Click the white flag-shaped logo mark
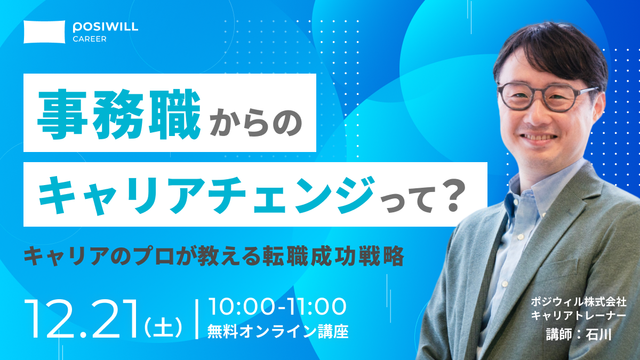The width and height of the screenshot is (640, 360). (x=44, y=31)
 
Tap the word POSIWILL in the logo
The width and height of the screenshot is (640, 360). (x=106, y=27)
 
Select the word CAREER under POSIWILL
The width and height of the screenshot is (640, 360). (x=90, y=39)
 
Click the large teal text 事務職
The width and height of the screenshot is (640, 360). (x=119, y=114)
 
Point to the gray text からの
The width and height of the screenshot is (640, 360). (x=255, y=123)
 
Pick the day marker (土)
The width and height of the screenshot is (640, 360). (x=163, y=326)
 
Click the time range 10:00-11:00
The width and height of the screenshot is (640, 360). (x=277, y=307)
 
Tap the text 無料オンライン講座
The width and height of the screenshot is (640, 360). (x=278, y=331)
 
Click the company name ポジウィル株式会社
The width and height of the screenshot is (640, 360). (x=579, y=302)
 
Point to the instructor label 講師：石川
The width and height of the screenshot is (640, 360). (x=579, y=334)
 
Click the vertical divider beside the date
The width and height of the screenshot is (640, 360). (x=197, y=319)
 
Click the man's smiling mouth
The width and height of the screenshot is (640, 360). (x=538, y=138)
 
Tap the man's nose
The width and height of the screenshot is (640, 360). (x=535, y=116)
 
